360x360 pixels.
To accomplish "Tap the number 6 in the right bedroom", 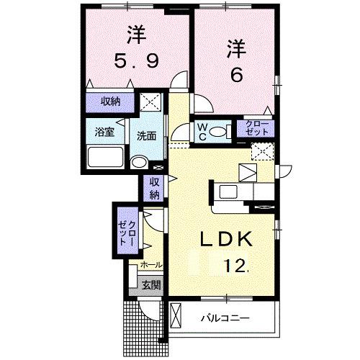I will point(235,74).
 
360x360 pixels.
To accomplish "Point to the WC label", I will point(204,131).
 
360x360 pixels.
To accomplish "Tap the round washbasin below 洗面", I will point(139,162).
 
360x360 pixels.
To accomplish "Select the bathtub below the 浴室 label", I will point(104,157).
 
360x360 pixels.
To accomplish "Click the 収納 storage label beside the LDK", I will point(154,189).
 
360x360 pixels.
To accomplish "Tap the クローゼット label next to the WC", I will point(256,130).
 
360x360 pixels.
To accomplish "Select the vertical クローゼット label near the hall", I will point(127,230).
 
